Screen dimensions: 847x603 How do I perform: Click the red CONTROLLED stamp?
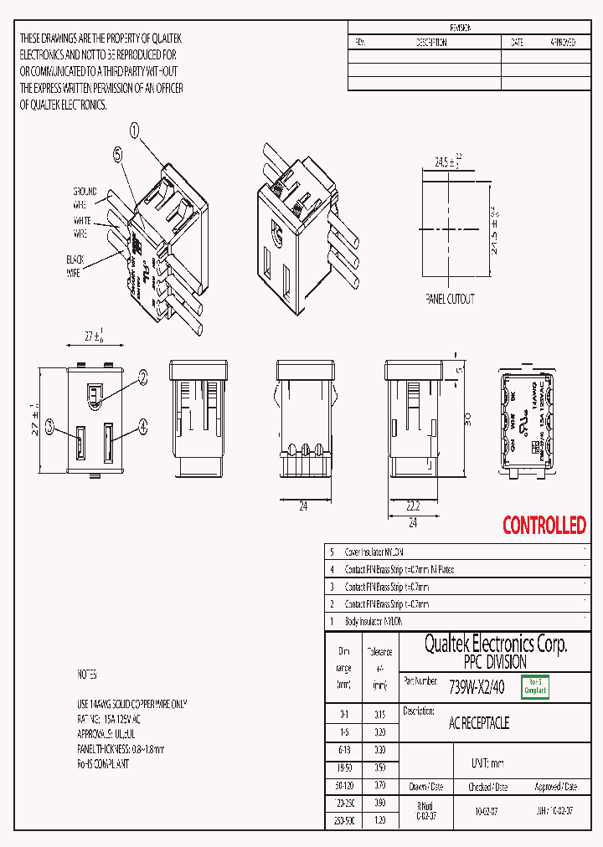(544, 526)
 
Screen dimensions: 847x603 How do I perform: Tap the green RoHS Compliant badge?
(534, 687)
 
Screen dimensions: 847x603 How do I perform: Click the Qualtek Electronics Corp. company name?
(495, 644)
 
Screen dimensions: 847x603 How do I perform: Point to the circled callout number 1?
(135, 130)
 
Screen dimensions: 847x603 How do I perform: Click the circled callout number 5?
(117, 154)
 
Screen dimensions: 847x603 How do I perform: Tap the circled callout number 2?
(142, 377)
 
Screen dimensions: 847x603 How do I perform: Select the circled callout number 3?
(50, 427)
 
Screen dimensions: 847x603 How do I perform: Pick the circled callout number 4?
(142, 427)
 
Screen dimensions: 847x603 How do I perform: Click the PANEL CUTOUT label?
(450, 299)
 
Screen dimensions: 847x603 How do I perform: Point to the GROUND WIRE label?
(85, 197)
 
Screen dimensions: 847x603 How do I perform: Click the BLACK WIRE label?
(75, 266)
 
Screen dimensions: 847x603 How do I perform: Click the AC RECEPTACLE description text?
(479, 722)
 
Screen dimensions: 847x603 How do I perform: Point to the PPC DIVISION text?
(495, 662)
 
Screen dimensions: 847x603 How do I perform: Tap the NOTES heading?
(87, 674)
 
